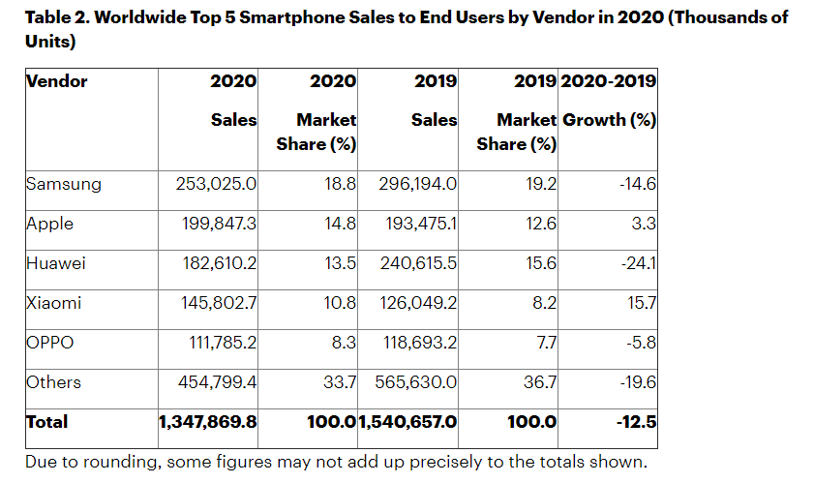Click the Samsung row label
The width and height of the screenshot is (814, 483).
click(63, 183)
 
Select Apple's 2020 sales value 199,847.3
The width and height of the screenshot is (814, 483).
click(217, 224)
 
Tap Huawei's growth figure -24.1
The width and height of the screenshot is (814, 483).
click(639, 263)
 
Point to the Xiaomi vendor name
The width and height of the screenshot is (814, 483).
click(53, 303)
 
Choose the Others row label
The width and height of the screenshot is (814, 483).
click(53, 382)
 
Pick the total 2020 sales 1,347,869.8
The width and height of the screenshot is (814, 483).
click(208, 421)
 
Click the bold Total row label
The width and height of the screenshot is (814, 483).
click(47, 421)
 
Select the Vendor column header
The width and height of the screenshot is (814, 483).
click(56, 81)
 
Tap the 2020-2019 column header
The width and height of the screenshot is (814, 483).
click(609, 81)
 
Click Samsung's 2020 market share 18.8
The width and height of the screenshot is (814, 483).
click(342, 183)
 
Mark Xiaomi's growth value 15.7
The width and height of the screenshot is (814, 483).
click(642, 303)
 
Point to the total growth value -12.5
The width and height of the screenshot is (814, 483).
click(637, 421)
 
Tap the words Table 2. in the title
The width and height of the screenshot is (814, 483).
click(60, 17)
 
